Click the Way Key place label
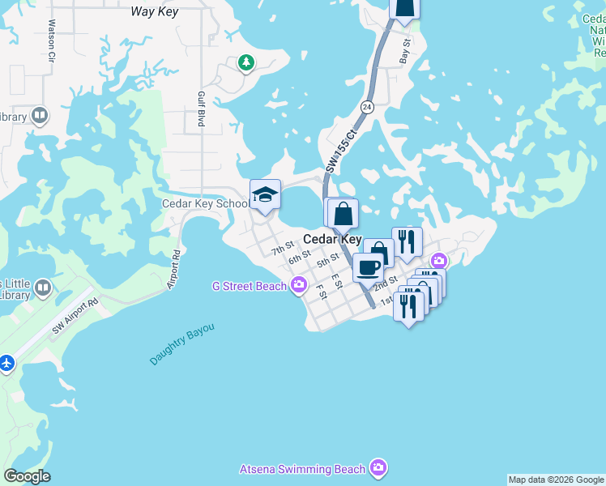pos(155,11)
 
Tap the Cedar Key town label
pos(332,239)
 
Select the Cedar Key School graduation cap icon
pos(265,195)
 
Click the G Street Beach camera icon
pos(298,284)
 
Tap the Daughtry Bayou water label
pos(182,345)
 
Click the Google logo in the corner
pos(27,476)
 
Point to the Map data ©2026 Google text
pos(556,480)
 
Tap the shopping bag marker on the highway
pos(344,214)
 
